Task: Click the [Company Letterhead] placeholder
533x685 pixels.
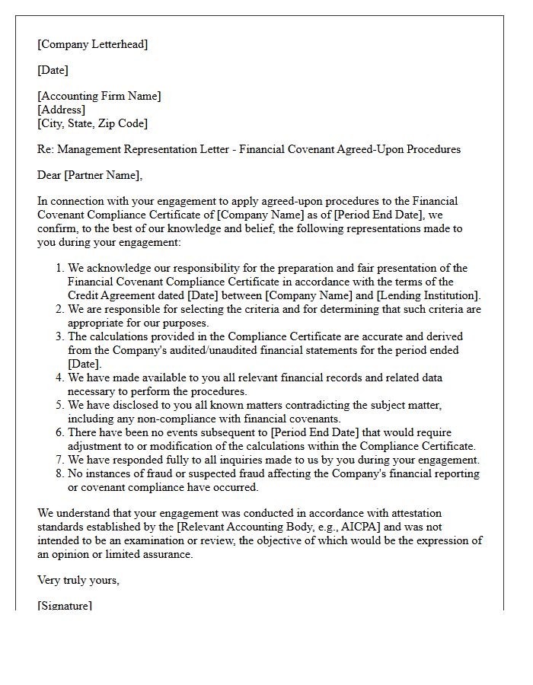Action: point(93,44)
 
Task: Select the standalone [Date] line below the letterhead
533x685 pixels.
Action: point(53,70)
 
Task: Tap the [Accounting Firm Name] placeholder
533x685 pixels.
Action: point(99,96)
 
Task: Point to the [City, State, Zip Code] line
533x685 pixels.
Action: point(92,123)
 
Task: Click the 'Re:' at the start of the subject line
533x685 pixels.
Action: point(45,149)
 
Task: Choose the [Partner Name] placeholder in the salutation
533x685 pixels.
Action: point(102,175)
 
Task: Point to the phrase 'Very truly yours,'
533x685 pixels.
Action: point(78,580)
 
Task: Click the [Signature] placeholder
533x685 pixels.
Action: point(65,606)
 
